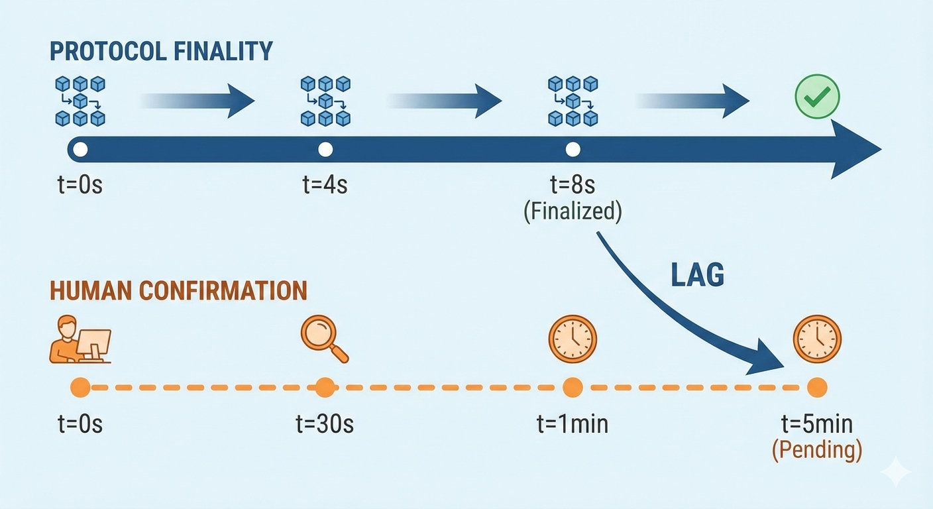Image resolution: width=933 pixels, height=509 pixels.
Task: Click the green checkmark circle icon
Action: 817,97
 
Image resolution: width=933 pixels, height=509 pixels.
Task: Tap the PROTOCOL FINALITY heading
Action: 161,51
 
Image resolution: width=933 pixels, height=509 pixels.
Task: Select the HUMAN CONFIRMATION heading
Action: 178,290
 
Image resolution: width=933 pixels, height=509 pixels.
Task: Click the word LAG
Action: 698,274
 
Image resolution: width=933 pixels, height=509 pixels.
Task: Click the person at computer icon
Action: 80,340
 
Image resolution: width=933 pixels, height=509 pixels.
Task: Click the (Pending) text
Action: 817,450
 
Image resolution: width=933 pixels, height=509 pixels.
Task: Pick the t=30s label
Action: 325,424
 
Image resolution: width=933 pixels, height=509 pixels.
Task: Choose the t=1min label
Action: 573,424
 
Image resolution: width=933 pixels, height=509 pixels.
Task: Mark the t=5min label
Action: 817,424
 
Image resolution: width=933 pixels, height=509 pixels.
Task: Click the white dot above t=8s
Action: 573,150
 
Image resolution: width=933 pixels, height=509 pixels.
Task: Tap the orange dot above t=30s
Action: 325,387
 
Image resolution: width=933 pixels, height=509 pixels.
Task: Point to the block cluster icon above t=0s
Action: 80,101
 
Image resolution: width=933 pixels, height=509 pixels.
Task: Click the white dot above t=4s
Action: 325,150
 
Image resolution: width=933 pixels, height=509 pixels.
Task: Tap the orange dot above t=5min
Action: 817,387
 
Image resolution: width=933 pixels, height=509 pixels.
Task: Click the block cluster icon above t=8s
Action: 573,101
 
